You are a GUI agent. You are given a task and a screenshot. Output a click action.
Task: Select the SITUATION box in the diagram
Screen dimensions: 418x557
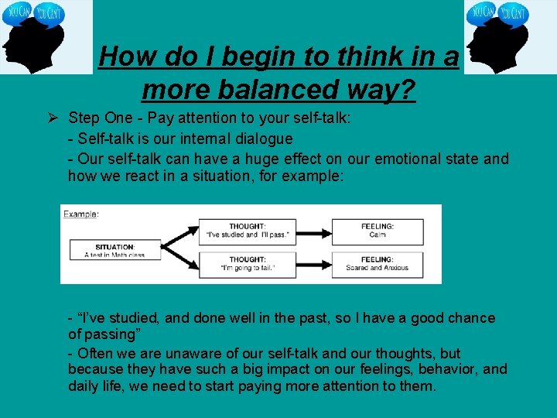114,250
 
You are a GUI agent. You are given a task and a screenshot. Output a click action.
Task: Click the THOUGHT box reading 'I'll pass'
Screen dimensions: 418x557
248,231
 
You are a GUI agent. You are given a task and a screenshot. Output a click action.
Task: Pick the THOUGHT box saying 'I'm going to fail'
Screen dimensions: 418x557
248,264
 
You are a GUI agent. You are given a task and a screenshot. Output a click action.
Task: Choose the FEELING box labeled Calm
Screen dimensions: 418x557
378,231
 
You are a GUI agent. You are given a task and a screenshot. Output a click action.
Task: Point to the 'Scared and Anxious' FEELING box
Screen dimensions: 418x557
378,264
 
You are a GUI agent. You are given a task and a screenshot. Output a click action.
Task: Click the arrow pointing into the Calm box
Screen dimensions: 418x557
314,231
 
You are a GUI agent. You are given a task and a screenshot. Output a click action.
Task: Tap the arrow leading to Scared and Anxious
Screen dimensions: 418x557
314,264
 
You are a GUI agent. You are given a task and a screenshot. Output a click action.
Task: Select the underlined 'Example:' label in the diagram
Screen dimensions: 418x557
81,214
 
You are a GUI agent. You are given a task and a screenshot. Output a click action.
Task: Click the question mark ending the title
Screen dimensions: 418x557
407,91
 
